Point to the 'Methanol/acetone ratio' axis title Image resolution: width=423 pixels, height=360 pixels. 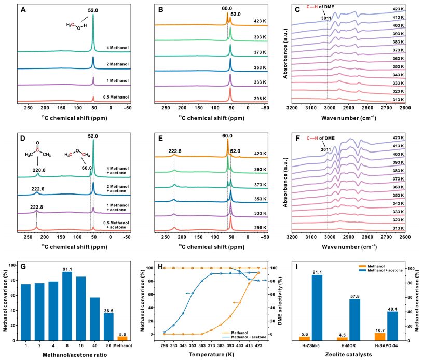tap(72, 355)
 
